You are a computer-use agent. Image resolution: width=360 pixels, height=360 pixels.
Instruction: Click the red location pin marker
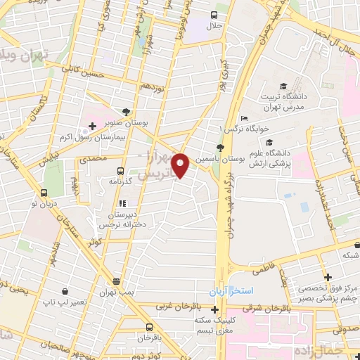point(181,165)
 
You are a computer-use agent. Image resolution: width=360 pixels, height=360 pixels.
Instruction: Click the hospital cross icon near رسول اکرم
point(92,125)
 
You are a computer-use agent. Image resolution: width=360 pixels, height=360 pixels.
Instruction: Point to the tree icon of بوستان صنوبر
point(126,112)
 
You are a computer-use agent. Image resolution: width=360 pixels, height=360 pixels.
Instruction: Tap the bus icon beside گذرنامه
point(120,171)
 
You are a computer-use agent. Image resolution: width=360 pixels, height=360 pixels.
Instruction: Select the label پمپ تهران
point(116,291)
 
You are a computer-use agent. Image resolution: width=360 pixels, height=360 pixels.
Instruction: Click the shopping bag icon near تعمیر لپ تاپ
point(65,291)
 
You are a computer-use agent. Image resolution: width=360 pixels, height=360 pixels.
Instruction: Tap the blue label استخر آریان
point(229,291)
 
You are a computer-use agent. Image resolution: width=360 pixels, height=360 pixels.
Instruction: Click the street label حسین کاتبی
point(61,69)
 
